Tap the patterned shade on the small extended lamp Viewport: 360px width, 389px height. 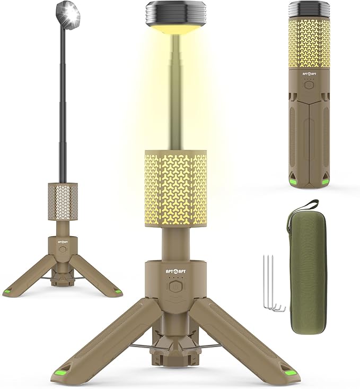tap(63, 201)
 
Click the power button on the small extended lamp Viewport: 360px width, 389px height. tap(63, 247)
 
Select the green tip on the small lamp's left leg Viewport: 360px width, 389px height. tap(8, 292)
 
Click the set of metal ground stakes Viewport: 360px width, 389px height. tap(272, 284)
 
